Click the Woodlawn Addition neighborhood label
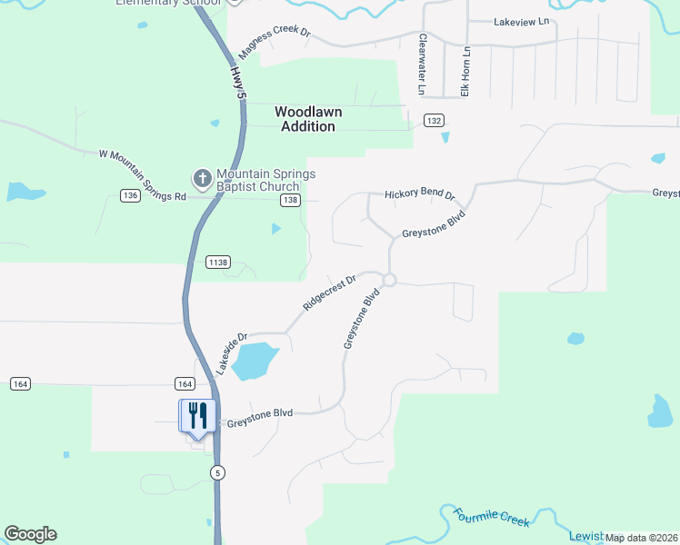(x=308, y=119)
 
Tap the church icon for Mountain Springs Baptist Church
(x=201, y=175)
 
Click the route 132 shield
(x=434, y=121)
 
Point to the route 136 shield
(x=130, y=195)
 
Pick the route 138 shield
(x=290, y=200)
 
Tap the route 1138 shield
(x=218, y=263)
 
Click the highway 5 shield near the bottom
(x=217, y=472)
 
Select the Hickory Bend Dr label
(x=418, y=193)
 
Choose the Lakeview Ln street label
(x=521, y=21)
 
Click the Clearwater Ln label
(x=422, y=64)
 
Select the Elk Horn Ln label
(x=465, y=71)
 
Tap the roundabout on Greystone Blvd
(x=389, y=280)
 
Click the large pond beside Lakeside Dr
(x=255, y=361)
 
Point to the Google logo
(x=30, y=534)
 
